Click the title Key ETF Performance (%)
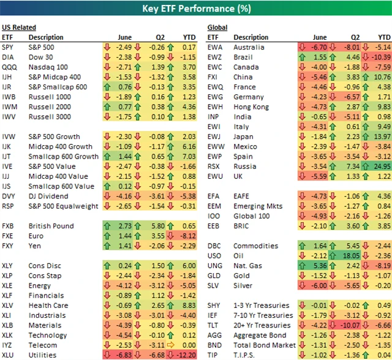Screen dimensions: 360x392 point(195,9)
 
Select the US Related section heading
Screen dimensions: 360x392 point(18,28)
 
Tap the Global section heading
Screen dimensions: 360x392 point(217,28)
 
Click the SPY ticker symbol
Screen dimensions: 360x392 point(7,47)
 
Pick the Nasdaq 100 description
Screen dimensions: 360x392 point(48,67)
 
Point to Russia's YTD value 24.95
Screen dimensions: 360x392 point(381,166)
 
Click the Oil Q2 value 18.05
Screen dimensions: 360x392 point(352,255)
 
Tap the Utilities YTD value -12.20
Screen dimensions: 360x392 point(185,354)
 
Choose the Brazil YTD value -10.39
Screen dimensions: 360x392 point(380,57)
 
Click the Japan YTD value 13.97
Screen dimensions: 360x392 point(381,137)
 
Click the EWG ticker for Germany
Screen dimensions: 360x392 point(215,97)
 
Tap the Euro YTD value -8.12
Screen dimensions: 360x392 point(186,235)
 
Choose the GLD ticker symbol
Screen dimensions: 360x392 point(214,275)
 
